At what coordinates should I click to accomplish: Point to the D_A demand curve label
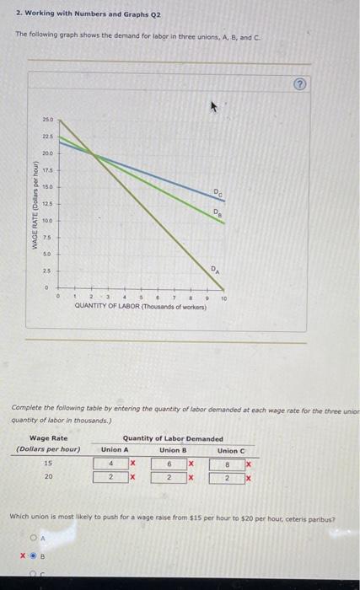tap(217, 270)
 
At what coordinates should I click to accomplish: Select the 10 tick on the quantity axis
tap(224, 298)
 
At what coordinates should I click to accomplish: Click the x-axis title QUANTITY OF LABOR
tap(141, 307)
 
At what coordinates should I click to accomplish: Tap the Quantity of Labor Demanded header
tap(173, 437)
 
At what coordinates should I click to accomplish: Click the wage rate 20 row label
tap(48, 477)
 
